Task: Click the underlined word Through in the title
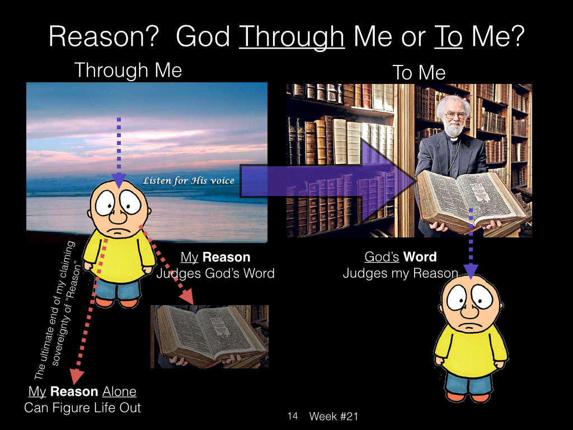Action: tap(292, 37)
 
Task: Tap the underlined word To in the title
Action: tap(448, 36)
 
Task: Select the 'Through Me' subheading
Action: tap(128, 70)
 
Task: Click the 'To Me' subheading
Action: tap(419, 72)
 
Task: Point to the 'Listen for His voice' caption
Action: tap(188, 180)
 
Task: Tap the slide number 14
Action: tap(292, 416)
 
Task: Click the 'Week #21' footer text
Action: tap(334, 416)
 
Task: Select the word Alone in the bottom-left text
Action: tap(119, 391)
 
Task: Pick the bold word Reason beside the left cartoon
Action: tap(226, 257)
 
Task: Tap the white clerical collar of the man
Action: tap(453, 139)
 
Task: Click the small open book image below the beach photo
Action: tap(209, 336)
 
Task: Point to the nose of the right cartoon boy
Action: tap(470, 310)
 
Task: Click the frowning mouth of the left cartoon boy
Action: tap(118, 232)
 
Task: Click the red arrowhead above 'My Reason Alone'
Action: tap(77, 376)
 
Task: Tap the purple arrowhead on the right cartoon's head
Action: tap(471, 271)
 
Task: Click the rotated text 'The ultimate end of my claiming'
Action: tap(55, 310)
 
